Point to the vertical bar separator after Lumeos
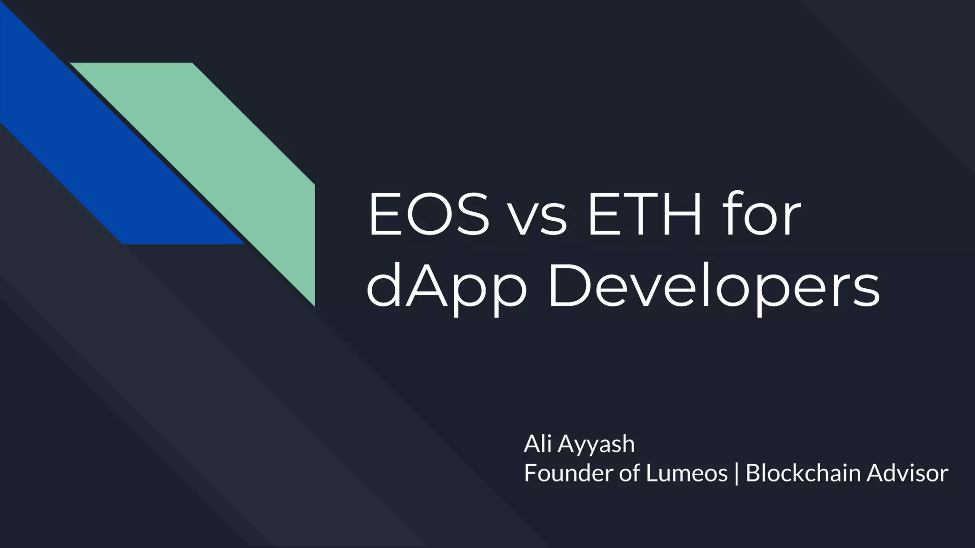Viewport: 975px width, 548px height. click(x=736, y=474)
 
